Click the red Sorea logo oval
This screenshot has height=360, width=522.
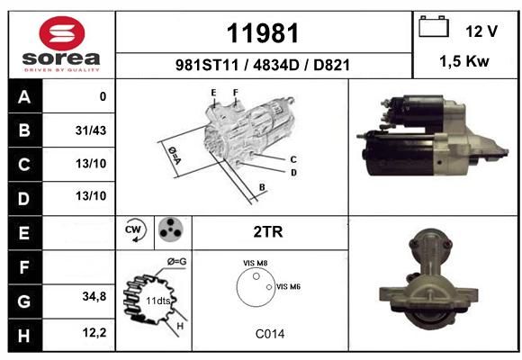(62, 33)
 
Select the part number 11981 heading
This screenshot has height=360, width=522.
(263, 33)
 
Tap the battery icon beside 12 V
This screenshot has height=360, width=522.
(434, 26)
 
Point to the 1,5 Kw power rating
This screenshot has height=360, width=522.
(464, 61)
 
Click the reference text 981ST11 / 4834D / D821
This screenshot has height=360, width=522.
(263, 65)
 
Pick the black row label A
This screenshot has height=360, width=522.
(24, 96)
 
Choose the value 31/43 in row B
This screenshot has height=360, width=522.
(91, 130)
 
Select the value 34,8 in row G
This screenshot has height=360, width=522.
(94, 296)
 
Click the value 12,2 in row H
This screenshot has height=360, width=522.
(94, 332)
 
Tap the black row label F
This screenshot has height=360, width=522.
(24, 267)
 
